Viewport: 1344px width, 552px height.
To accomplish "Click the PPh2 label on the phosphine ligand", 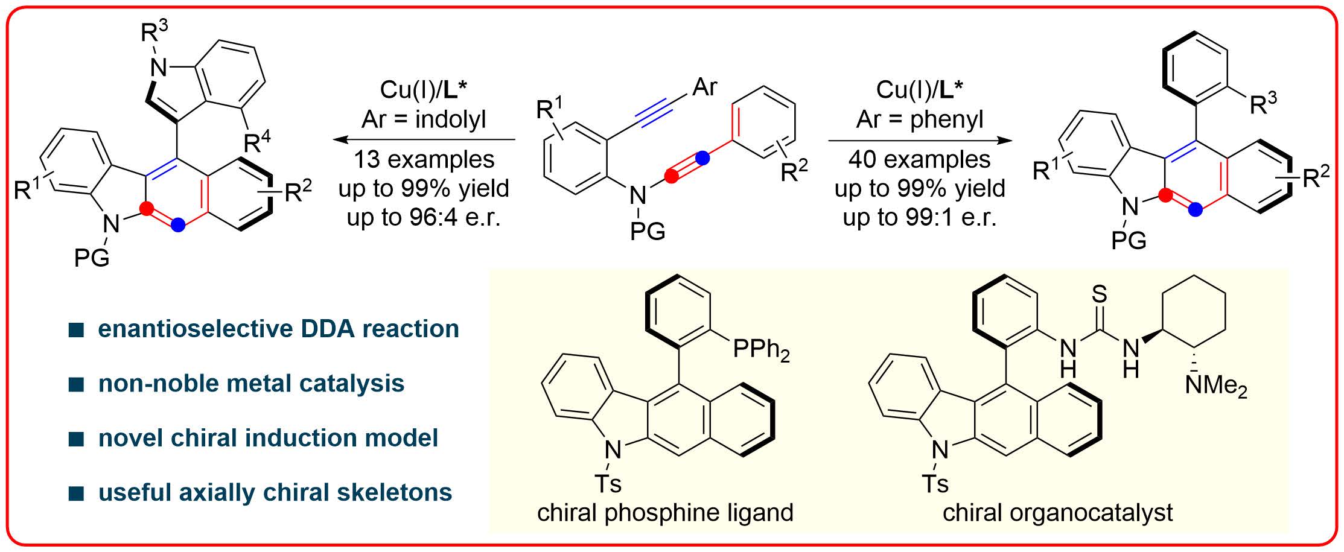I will pyautogui.click(x=761, y=351).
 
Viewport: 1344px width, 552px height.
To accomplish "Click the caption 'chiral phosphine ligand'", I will pyautogui.click(x=665, y=512).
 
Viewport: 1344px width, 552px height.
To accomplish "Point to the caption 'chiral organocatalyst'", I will pyautogui.click(x=1057, y=512).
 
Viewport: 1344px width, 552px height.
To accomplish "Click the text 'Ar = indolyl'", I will pyautogui.click(x=424, y=119).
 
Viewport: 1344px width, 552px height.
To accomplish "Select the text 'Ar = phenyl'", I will pyautogui.click(x=920, y=119).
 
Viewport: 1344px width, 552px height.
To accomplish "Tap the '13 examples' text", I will pyautogui.click(x=424, y=159).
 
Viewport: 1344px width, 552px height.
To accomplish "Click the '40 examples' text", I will pyautogui.click(x=920, y=159).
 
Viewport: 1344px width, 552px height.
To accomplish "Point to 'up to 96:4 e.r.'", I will pyautogui.click(x=424, y=217).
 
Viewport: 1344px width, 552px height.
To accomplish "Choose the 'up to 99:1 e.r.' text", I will pyautogui.click(x=920, y=217).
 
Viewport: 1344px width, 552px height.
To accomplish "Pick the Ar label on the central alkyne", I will pyautogui.click(x=704, y=87).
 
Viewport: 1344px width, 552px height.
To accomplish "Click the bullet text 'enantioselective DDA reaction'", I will pyautogui.click(x=278, y=329).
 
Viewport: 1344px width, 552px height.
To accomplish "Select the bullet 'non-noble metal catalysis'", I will pyautogui.click(x=251, y=383).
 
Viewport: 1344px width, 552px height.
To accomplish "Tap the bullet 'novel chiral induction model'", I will pyautogui.click(x=268, y=438).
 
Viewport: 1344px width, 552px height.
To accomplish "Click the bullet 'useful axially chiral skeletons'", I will pyautogui.click(x=275, y=492).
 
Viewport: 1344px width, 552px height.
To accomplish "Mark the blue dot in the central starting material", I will pyautogui.click(x=701, y=158).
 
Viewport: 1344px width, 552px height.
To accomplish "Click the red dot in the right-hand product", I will pyautogui.click(x=1165, y=195).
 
